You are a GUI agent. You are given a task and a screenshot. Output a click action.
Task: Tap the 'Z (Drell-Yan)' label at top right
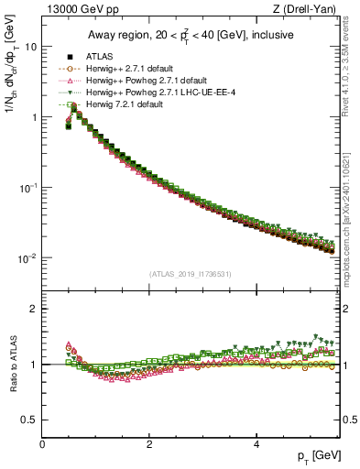point(309,9)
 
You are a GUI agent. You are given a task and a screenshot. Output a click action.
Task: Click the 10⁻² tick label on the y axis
point(28,258)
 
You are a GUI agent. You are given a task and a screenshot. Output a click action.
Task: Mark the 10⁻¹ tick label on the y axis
point(28,188)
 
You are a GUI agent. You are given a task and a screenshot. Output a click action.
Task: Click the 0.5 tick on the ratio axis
point(29,420)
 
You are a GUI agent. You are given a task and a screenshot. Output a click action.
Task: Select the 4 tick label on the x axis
point(256,443)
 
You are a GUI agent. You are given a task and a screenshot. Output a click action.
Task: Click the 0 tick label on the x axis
point(42,443)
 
